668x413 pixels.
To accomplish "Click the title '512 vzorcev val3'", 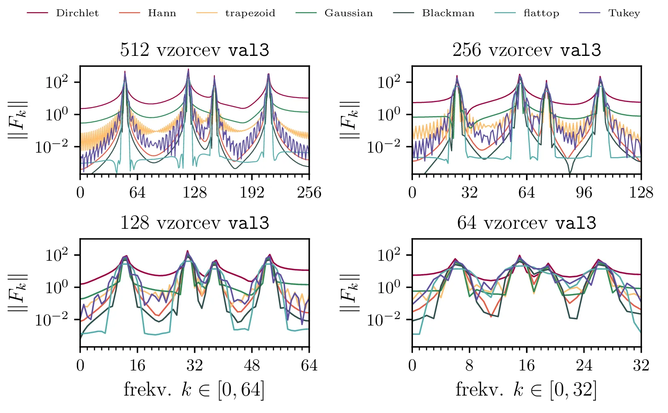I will (x=195, y=50).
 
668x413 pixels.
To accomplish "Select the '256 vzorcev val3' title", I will (x=527, y=50).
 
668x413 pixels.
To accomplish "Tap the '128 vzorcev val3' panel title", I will (x=195, y=223).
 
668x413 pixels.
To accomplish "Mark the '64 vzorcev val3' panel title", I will (x=527, y=223).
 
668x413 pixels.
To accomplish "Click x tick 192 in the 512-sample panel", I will (x=252, y=192).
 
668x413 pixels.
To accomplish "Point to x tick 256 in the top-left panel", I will (x=309, y=192).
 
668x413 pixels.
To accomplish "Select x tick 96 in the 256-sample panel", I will (x=584, y=192).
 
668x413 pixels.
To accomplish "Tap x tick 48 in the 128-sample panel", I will (x=252, y=365).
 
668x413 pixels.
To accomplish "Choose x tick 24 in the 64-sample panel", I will (x=584, y=365).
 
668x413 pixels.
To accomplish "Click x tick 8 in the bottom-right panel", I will (x=469, y=365).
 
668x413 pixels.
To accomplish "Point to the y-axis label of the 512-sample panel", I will (x=19, y=120).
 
